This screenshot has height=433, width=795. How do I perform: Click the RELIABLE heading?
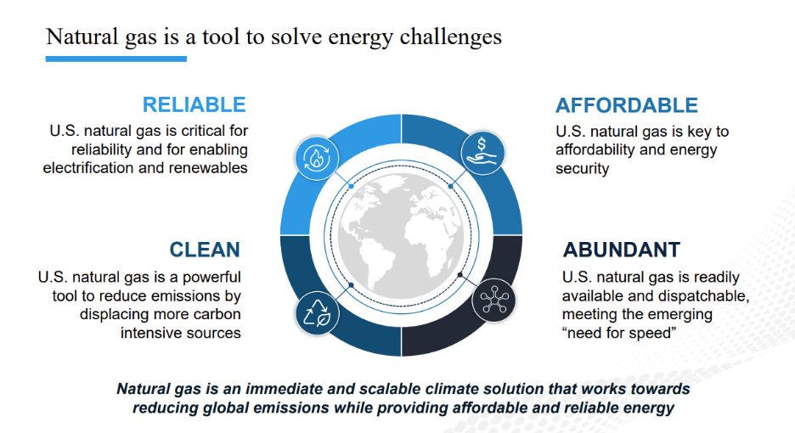195,105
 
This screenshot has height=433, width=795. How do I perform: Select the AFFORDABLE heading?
627,105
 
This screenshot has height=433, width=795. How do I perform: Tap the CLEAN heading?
205,250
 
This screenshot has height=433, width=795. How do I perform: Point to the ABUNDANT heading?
622,250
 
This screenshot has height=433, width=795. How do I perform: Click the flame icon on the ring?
317,158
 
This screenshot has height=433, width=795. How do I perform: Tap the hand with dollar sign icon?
482,153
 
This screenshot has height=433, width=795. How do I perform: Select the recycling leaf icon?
317,312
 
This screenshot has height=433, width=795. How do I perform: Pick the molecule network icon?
493,301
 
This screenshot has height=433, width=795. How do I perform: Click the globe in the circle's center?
401,236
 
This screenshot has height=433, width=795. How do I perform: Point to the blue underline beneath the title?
116,59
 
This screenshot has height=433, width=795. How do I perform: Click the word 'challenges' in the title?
451,37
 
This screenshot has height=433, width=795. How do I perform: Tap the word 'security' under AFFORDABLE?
582,169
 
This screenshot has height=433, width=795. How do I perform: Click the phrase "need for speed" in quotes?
619,333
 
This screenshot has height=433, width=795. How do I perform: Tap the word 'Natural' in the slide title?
75,37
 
